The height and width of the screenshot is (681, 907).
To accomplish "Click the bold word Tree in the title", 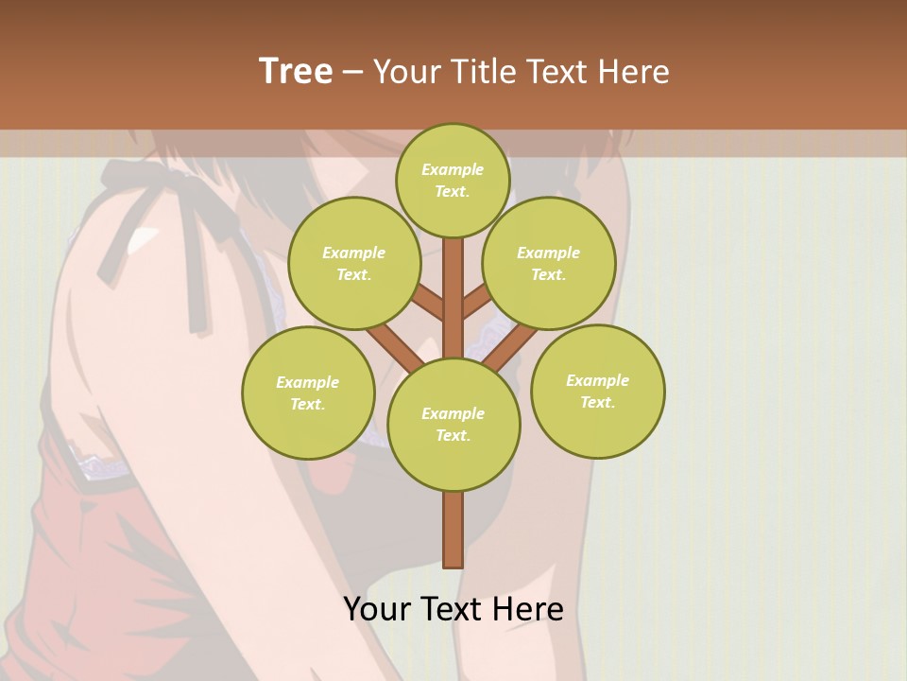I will tap(296, 71).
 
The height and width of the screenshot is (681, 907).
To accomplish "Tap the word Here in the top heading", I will tap(634, 71).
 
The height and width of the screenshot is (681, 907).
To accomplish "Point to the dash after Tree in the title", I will tap(352, 72).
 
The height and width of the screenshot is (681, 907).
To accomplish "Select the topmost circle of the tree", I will tap(453, 181).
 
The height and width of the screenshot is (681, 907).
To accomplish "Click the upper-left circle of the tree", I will tap(353, 263).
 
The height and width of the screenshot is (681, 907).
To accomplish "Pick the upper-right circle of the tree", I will tap(548, 263).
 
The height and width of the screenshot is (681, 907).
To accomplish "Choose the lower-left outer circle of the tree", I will tap(308, 393).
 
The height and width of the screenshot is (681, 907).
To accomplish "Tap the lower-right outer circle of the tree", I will tap(597, 391).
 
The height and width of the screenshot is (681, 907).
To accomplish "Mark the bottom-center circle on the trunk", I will tap(453, 424).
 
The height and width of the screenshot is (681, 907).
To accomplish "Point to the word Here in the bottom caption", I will tap(528, 609).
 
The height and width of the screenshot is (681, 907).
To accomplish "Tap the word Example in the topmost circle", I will tap(453, 170).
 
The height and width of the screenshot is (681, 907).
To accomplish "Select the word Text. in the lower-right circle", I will tap(597, 402).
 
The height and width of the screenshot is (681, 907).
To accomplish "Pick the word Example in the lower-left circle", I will tap(307, 382).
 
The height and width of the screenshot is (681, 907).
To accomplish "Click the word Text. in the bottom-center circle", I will tap(453, 435).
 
